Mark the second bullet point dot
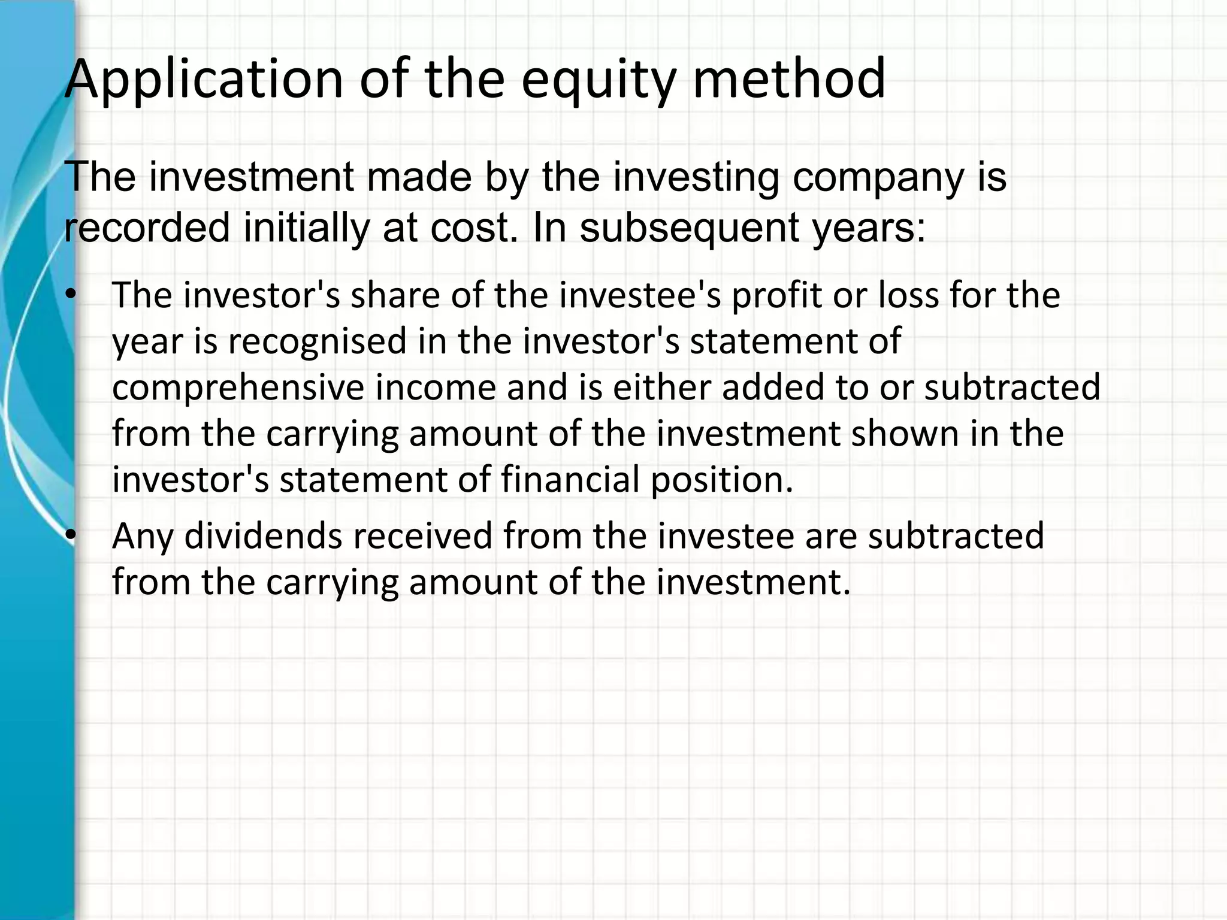click(x=72, y=535)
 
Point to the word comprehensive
click(x=238, y=388)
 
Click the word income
click(x=436, y=388)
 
